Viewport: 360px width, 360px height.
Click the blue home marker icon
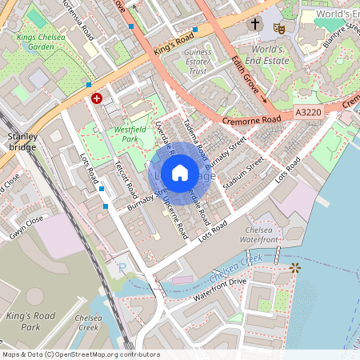[180, 173]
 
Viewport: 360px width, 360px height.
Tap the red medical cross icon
[97, 98]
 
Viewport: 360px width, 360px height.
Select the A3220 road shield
[307, 114]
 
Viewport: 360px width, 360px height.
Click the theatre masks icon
[279, 27]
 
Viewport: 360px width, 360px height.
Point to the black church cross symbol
[255, 25]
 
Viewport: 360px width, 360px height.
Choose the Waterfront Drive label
[221, 290]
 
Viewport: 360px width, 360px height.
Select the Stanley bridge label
[22, 142]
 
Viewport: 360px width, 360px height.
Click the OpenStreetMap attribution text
[81, 354]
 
